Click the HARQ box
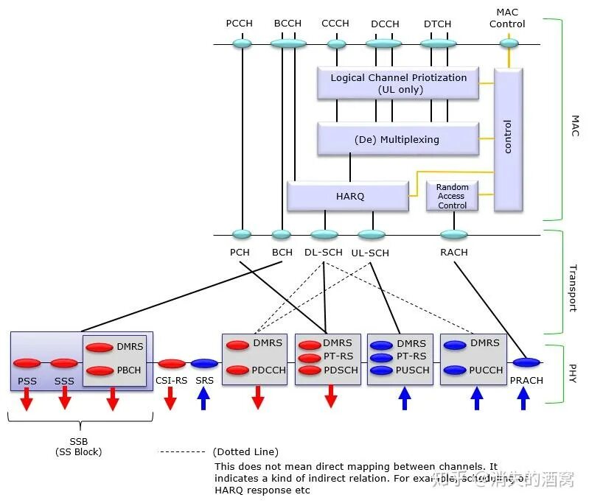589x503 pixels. (347, 197)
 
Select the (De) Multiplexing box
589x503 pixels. (397, 139)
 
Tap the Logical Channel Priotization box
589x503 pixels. (398, 83)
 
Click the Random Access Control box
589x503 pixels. (452, 196)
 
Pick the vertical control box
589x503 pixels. (508, 140)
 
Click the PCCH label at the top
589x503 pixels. (240, 23)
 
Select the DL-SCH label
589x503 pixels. (323, 253)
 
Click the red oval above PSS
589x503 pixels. (27, 363)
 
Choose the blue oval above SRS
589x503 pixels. (204, 363)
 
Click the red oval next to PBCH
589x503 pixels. (100, 370)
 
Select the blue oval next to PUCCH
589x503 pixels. (454, 370)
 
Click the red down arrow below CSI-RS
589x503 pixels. (171, 398)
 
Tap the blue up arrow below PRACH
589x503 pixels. (523, 398)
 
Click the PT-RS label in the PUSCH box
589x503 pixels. (411, 356)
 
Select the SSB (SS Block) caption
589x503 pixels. (80, 446)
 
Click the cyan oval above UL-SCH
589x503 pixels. (372, 235)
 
